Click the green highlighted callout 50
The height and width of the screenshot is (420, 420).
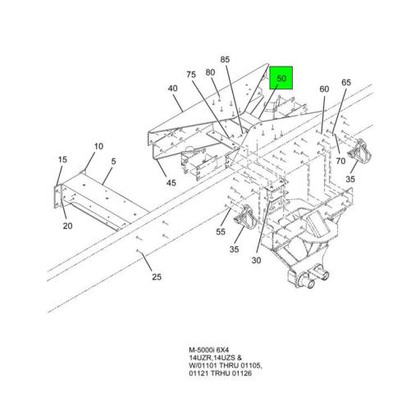coord(281,79)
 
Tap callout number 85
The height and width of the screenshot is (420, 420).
coord(226,59)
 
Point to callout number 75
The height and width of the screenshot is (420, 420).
coord(190,75)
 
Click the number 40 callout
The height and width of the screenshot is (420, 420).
coord(173,88)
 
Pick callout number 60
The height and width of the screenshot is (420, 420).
coord(324,88)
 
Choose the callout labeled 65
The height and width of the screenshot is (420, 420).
coord(346,83)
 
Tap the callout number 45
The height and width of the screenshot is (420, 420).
coord(171,183)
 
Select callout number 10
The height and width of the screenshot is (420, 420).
coord(98,147)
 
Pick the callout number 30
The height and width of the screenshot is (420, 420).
coord(256,261)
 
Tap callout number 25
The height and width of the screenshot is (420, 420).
coord(156,276)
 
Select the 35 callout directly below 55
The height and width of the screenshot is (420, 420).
coord(235,250)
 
